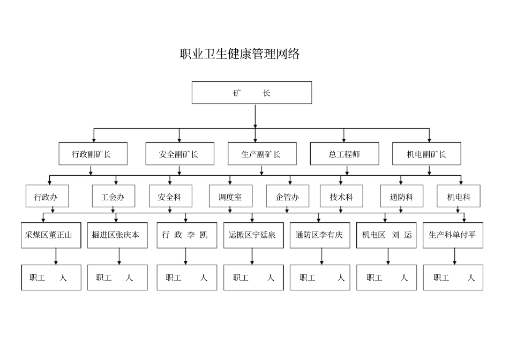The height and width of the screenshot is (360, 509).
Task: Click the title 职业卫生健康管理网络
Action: click(x=239, y=54)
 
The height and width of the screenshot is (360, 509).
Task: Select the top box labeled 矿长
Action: click(x=252, y=93)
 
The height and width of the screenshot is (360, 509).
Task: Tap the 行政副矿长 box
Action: click(x=92, y=154)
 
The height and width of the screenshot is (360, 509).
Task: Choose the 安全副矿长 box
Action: click(x=179, y=154)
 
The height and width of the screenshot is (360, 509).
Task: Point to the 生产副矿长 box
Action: click(x=261, y=154)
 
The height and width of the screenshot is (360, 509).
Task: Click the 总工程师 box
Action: click(x=345, y=154)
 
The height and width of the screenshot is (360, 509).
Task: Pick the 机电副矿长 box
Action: click(x=426, y=154)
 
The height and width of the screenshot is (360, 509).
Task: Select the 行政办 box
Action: click(x=46, y=197)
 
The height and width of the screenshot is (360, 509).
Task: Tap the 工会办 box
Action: click(x=113, y=197)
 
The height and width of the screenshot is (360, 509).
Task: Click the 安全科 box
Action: click(x=170, y=197)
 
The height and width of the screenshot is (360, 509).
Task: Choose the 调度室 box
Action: click(x=230, y=197)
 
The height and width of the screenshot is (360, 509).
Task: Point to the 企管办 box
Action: click(x=288, y=197)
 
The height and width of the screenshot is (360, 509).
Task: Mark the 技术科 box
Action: click(x=341, y=197)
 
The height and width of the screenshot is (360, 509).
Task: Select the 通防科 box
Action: click(x=401, y=197)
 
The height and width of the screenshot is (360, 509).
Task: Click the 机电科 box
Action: click(x=459, y=197)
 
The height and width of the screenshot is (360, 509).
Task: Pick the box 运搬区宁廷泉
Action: click(x=252, y=235)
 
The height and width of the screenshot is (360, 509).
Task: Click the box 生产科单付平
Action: click(x=453, y=235)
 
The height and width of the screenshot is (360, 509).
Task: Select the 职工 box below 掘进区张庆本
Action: click(x=117, y=277)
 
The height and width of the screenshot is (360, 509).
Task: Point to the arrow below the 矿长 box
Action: click(x=255, y=116)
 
